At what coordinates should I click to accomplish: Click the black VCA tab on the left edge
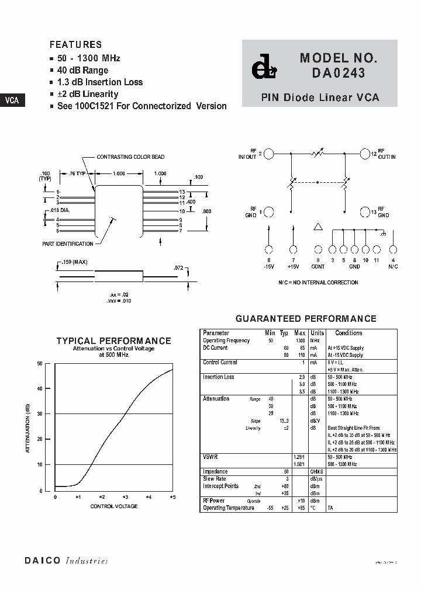[x=12, y=100]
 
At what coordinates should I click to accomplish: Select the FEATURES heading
[x=75, y=44]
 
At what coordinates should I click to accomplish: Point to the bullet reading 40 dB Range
[x=82, y=70]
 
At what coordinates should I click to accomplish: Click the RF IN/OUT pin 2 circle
[x=268, y=154]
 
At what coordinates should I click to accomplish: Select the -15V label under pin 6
[x=268, y=266]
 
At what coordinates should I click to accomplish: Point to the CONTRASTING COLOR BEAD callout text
[x=130, y=157]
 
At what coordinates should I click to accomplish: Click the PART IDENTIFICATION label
[x=67, y=244]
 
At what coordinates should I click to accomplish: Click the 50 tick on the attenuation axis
[x=40, y=363]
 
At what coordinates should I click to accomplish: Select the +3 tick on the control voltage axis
[x=125, y=497]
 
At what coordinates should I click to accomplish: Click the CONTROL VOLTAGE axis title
[x=113, y=506]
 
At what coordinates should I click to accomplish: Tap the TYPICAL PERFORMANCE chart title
[x=113, y=341]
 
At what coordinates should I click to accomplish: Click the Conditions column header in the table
[x=348, y=333]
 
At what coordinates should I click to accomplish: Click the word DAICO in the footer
[x=42, y=561]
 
